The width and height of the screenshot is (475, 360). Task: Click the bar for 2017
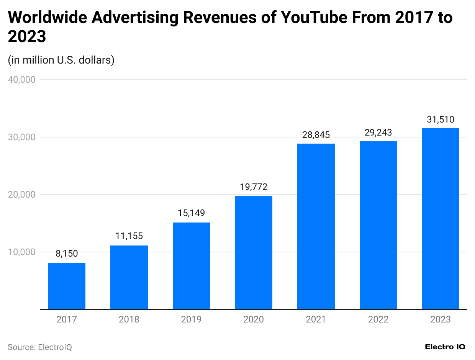pos(67,286)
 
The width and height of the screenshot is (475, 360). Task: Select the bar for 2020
pos(254,252)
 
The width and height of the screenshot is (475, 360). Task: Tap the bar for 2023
pos(441,219)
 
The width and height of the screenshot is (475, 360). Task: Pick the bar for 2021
pos(316,226)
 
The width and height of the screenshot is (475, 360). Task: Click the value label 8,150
pos(67,254)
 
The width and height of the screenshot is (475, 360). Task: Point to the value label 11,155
pos(129,236)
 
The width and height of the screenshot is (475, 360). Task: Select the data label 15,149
pos(191,213)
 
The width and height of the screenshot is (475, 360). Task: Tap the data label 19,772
pos(254,187)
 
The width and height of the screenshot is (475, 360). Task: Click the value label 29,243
pos(378,133)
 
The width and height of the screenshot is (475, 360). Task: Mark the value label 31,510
pos(441,119)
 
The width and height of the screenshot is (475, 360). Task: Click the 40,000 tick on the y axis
pos(22,80)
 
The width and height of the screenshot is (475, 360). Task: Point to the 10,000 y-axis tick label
pos(22,252)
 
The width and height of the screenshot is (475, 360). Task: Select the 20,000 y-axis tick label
pos(22,195)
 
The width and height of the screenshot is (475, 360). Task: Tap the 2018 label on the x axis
pos(129,319)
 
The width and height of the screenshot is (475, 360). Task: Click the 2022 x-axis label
pos(378,319)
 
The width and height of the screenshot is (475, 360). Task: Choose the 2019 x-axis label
pos(191,319)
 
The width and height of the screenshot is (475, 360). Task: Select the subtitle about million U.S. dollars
pos(61,60)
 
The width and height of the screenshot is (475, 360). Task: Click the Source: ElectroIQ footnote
pos(40,347)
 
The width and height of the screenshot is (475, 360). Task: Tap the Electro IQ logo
pos(445,347)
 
